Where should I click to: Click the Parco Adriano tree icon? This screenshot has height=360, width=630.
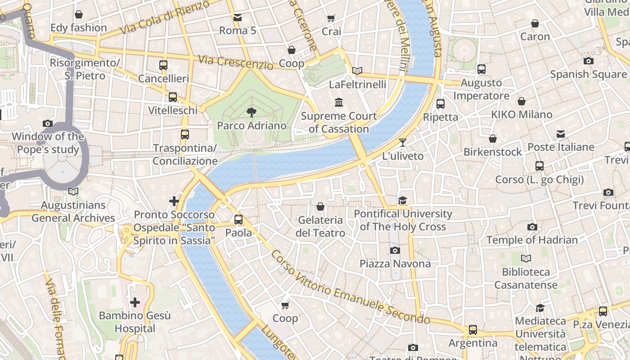(x=252, y=112)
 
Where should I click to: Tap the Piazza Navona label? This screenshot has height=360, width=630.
(x=395, y=264)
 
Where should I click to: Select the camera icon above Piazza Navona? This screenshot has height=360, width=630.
(x=395, y=251)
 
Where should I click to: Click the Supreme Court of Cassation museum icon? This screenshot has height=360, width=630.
(x=339, y=103)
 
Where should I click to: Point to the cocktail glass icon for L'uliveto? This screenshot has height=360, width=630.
(x=402, y=143)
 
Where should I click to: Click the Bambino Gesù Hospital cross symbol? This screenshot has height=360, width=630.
(x=135, y=302)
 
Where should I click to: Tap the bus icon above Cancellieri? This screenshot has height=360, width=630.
(x=163, y=65)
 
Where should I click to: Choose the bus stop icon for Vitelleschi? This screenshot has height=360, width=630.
(x=173, y=97)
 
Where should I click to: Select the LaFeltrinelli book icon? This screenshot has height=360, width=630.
(x=357, y=71)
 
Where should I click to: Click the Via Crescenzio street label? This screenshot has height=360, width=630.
(x=235, y=63)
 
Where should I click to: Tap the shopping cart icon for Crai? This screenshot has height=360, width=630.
(x=331, y=18)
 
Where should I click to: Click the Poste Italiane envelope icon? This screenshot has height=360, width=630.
(x=561, y=134)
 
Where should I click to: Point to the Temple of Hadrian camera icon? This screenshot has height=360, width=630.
(x=532, y=227)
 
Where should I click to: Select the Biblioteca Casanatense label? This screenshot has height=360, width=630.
(x=526, y=279)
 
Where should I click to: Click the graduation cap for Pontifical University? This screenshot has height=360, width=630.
(x=402, y=200)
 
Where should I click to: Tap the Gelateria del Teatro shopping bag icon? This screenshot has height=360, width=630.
(x=320, y=207)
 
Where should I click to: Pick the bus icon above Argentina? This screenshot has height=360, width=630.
(x=472, y=330)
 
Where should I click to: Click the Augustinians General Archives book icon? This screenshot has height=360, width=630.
(x=73, y=192)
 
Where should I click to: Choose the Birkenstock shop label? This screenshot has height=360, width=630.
(x=492, y=152)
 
